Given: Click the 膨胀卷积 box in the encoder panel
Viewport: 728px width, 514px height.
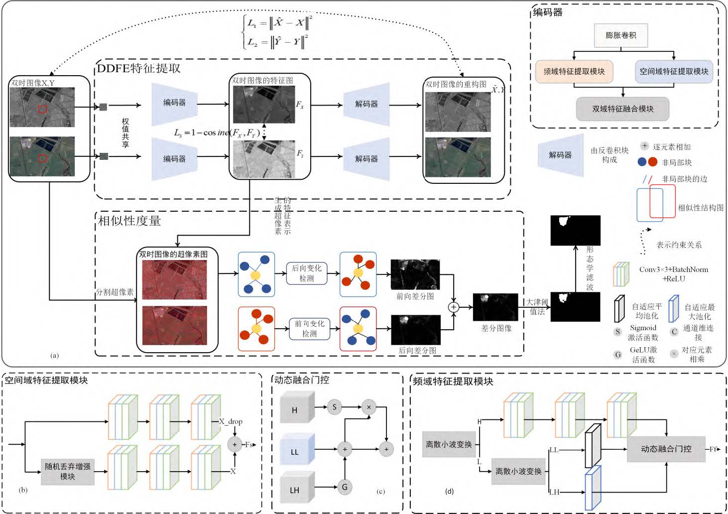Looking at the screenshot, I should (x=620, y=35).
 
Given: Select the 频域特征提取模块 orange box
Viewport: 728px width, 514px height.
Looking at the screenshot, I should (x=574, y=72).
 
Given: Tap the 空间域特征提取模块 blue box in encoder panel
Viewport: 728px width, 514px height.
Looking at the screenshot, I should (x=674, y=72).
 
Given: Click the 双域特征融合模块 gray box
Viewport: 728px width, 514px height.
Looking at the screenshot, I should (x=622, y=109).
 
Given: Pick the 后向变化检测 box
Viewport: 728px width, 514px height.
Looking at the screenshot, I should (x=307, y=273).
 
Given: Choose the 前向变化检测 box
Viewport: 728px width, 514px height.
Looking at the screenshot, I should (x=309, y=329).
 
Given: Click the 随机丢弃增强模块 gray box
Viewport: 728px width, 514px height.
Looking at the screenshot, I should (x=68, y=472).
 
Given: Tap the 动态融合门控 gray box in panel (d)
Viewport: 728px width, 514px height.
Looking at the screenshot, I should (x=666, y=449).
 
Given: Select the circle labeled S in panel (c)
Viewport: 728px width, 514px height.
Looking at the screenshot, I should (x=334, y=407).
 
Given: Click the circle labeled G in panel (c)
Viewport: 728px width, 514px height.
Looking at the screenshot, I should (x=345, y=487).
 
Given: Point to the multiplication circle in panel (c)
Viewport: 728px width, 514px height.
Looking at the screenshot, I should (x=368, y=407).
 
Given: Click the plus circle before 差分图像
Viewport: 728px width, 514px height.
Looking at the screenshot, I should (x=454, y=307).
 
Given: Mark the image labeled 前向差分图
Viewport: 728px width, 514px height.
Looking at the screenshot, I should (x=415, y=274).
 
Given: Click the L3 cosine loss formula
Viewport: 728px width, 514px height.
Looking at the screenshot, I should (x=215, y=133).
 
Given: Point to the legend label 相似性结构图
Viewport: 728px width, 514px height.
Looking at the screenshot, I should (x=701, y=208).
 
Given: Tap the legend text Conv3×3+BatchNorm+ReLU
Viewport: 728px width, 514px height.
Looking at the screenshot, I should (x=673, y=274).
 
